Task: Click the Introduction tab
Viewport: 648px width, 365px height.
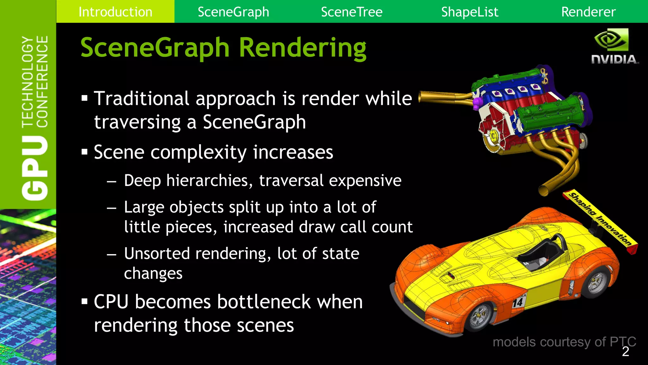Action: (x=115, y=12)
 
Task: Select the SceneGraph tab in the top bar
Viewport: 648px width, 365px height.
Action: (x=233, y=12)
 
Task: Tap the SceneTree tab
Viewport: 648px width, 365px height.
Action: (x=352, y=12)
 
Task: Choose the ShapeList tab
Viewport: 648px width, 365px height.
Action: (x=470, y=12)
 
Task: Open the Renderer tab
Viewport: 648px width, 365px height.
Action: (x=588, y=12)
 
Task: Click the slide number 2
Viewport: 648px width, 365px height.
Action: (x=625, y=352)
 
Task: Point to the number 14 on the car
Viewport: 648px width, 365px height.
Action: (x=518, y=302)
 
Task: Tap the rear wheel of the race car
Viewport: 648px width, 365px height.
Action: (x=596, y=282)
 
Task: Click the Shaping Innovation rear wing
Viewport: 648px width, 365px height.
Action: (x=600, y=220)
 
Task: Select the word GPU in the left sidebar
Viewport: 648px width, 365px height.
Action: (x=35, y=168)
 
